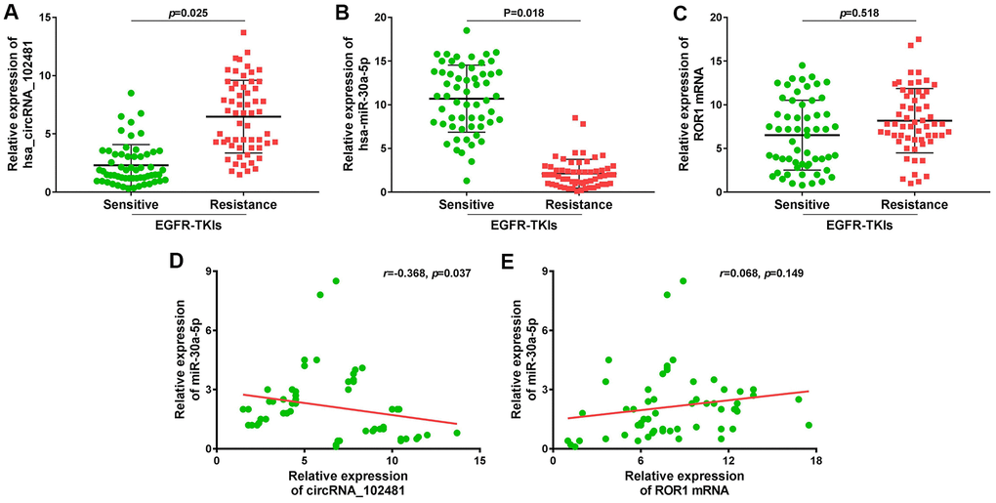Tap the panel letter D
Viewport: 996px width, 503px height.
pos(176,264)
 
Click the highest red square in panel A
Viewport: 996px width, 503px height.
pos(243,32)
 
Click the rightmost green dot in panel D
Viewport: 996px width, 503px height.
pos(456,433)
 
